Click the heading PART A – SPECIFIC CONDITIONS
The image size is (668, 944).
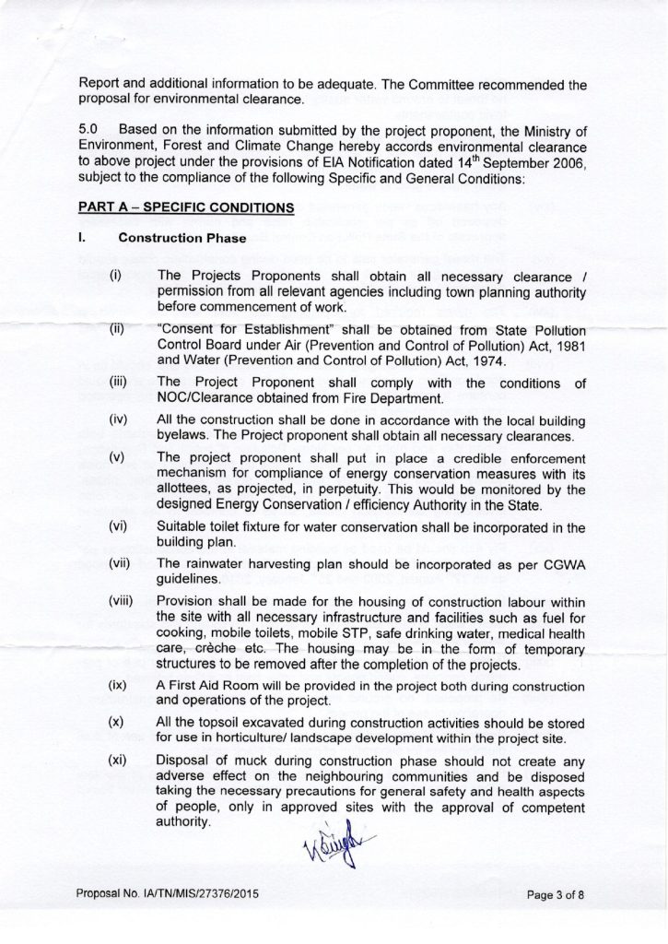(186, 208)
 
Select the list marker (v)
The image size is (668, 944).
(116, 457)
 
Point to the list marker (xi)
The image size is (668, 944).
(117, 761)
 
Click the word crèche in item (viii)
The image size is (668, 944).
(213, 650)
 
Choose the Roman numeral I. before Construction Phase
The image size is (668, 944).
(82, 239)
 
